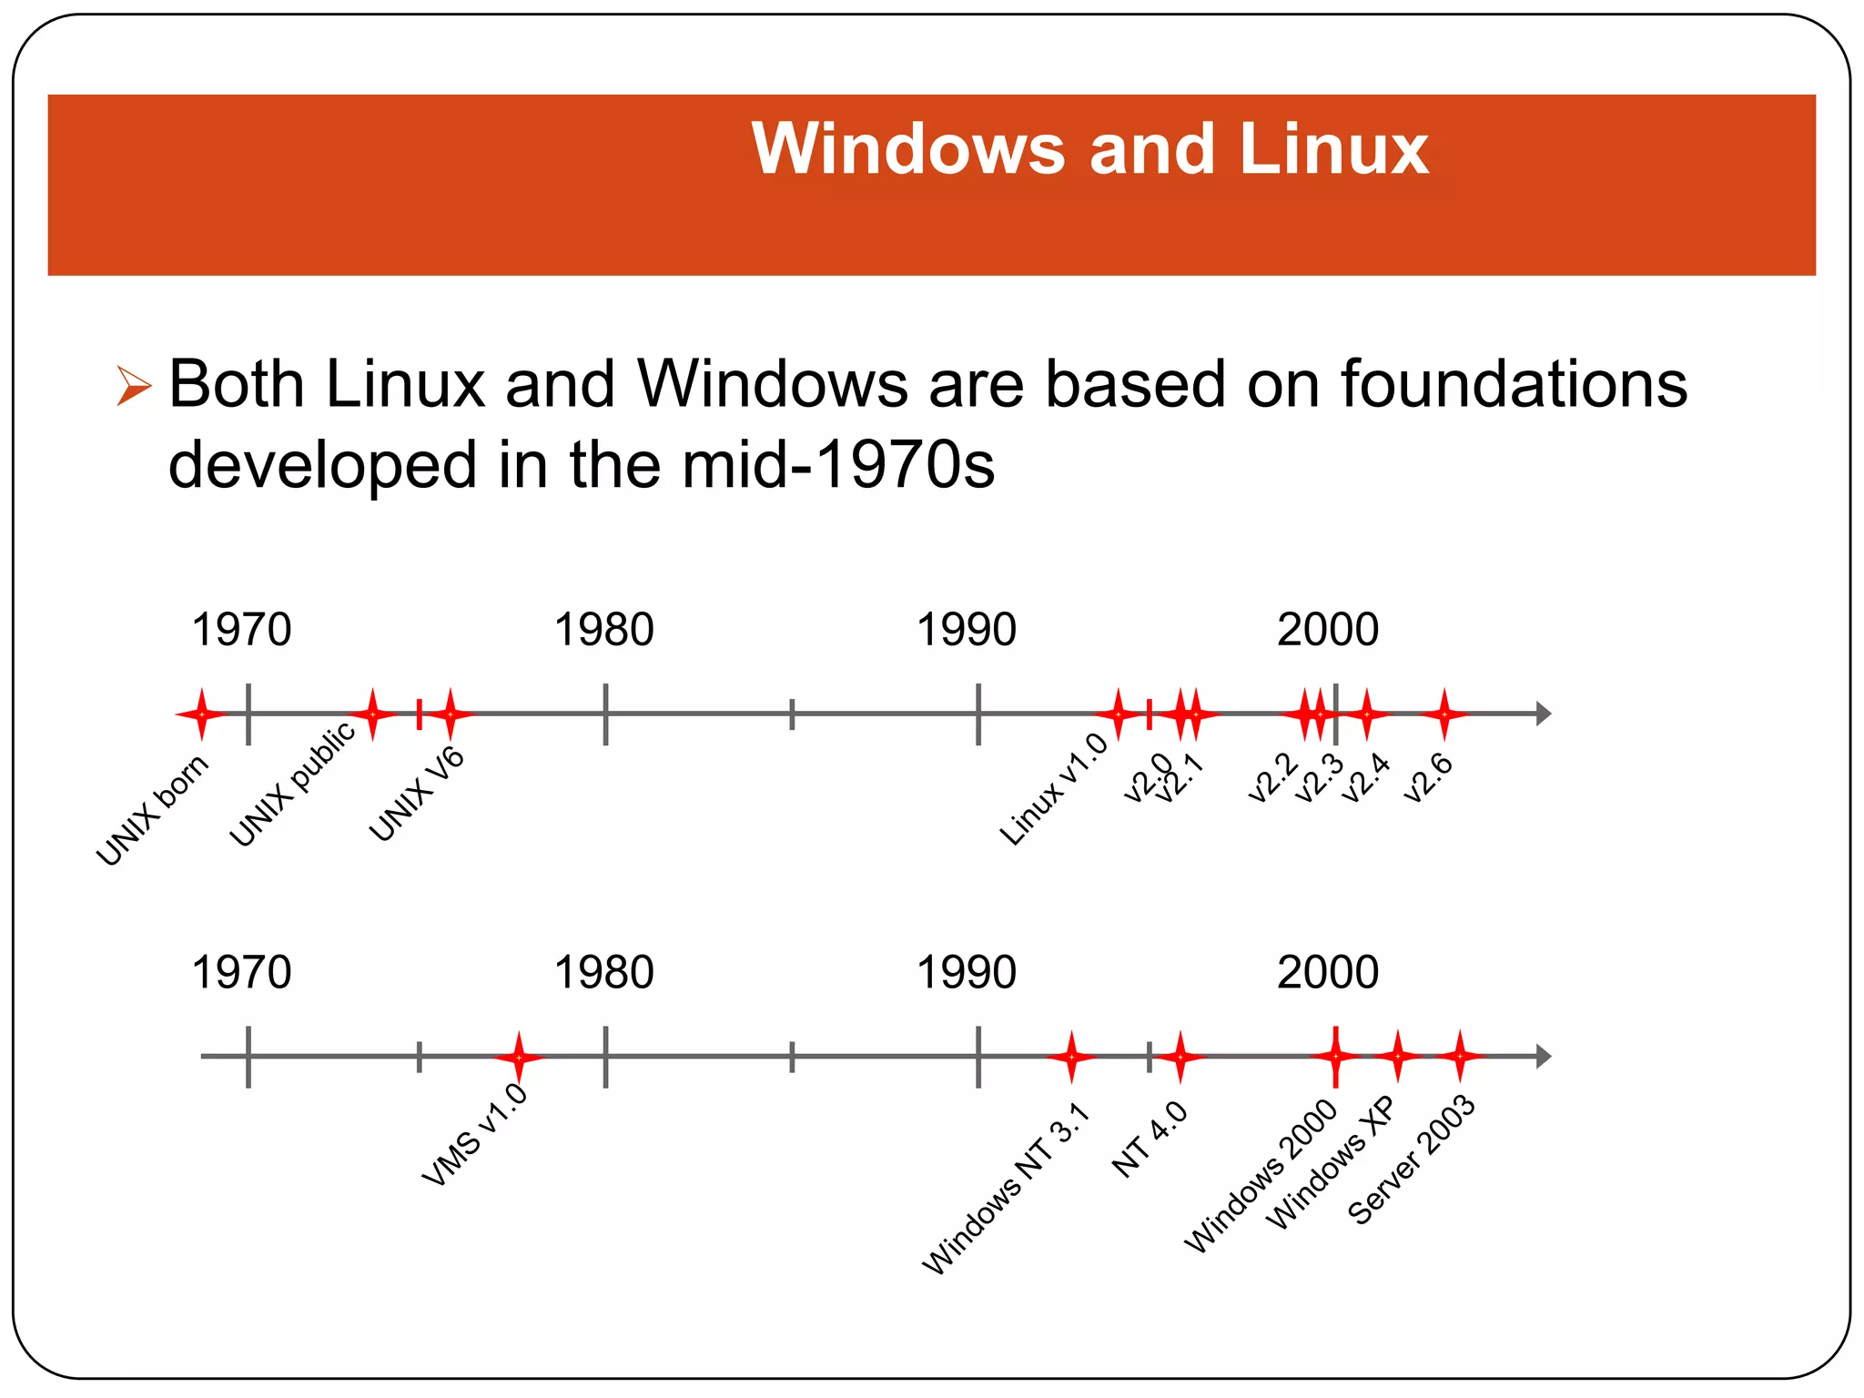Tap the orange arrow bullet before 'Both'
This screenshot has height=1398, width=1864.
[133, 386]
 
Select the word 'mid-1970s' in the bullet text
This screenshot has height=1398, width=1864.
[837, 465]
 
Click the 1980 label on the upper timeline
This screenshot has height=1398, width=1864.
[603, 630]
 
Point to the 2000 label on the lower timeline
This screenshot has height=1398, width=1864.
[1327, 972]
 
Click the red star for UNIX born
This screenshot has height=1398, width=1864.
[201, 714]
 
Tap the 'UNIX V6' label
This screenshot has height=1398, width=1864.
[416, 795]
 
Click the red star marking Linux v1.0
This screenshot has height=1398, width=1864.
[1119, 714]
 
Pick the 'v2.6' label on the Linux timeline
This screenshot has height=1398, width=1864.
[1427, 778]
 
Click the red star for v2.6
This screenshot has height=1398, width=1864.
[1444, 714]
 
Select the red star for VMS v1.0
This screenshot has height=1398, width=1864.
[519, 1057]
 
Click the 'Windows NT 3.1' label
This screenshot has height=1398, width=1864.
[1005, 1189]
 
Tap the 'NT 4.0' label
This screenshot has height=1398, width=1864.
[1150, 1140]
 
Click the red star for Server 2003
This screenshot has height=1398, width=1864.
[1460, 1057]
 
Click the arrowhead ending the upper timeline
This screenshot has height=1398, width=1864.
[1543, 714]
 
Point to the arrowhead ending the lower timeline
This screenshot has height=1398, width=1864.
[1543, 1057]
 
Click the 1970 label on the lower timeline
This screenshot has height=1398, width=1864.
[241, 972]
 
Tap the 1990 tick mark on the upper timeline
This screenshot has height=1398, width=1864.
[978, 714]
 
